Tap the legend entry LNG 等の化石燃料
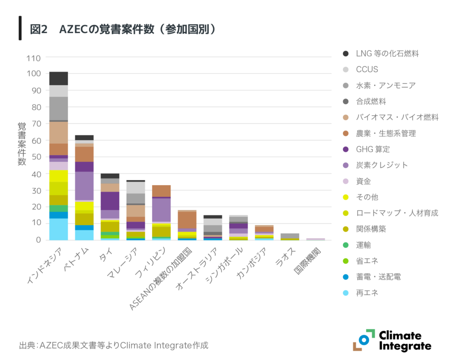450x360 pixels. coord(387,54)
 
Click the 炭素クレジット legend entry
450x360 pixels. coord(381,165)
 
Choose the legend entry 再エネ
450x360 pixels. coord(367,293)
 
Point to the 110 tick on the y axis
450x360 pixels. coord(33,58)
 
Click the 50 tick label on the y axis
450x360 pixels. coord(36,157)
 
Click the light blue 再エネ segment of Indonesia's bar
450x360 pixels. coord(58,229)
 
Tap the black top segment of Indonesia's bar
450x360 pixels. coord(58,78)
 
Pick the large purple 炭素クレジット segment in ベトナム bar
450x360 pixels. coord(84,186)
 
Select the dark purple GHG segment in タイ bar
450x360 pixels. coord(110,201)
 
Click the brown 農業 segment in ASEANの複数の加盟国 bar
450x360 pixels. coord(187,220)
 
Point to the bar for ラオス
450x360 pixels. coord(290,236)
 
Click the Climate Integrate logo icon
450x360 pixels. coord(363,340)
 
